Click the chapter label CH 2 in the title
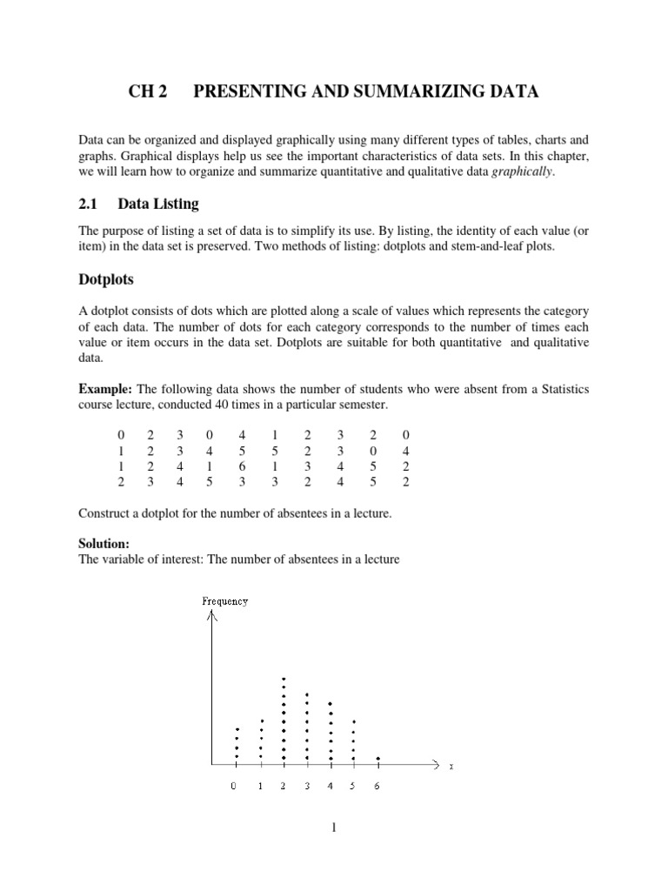tap(147, 92)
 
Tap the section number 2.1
tap(91, 204)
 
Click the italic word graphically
tap(521, 171)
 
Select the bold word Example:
tap(106, 387)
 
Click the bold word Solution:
tap(104, 542)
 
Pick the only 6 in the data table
tap(241, 466)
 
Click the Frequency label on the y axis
tap(224, 601)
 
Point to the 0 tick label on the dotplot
tap(234, 787)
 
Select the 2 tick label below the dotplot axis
tap(284, 787)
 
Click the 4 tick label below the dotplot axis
tap(330, 787)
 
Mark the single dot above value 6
tap(377, 759)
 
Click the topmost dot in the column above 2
tap(284, 679)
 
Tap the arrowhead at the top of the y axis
tap(210, 618)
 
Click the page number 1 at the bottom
tap(333, 827)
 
